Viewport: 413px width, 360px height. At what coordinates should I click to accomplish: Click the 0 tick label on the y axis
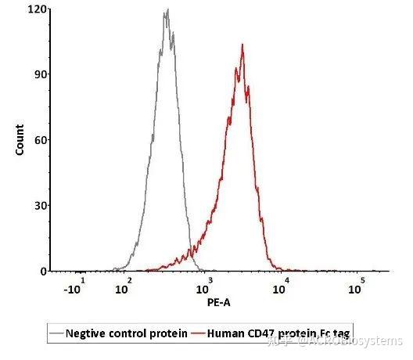coord(42,271)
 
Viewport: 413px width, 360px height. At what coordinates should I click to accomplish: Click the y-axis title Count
coord(20,139)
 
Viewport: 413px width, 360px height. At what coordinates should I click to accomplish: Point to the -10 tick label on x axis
coord(75,288)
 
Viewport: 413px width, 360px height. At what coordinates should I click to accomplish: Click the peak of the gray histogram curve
coord(167,11)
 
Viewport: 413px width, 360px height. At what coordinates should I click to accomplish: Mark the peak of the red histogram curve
coord(242,45)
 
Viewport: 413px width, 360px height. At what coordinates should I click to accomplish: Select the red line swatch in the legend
coord(198,333)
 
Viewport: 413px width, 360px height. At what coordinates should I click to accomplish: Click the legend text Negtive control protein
coord(127,333)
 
